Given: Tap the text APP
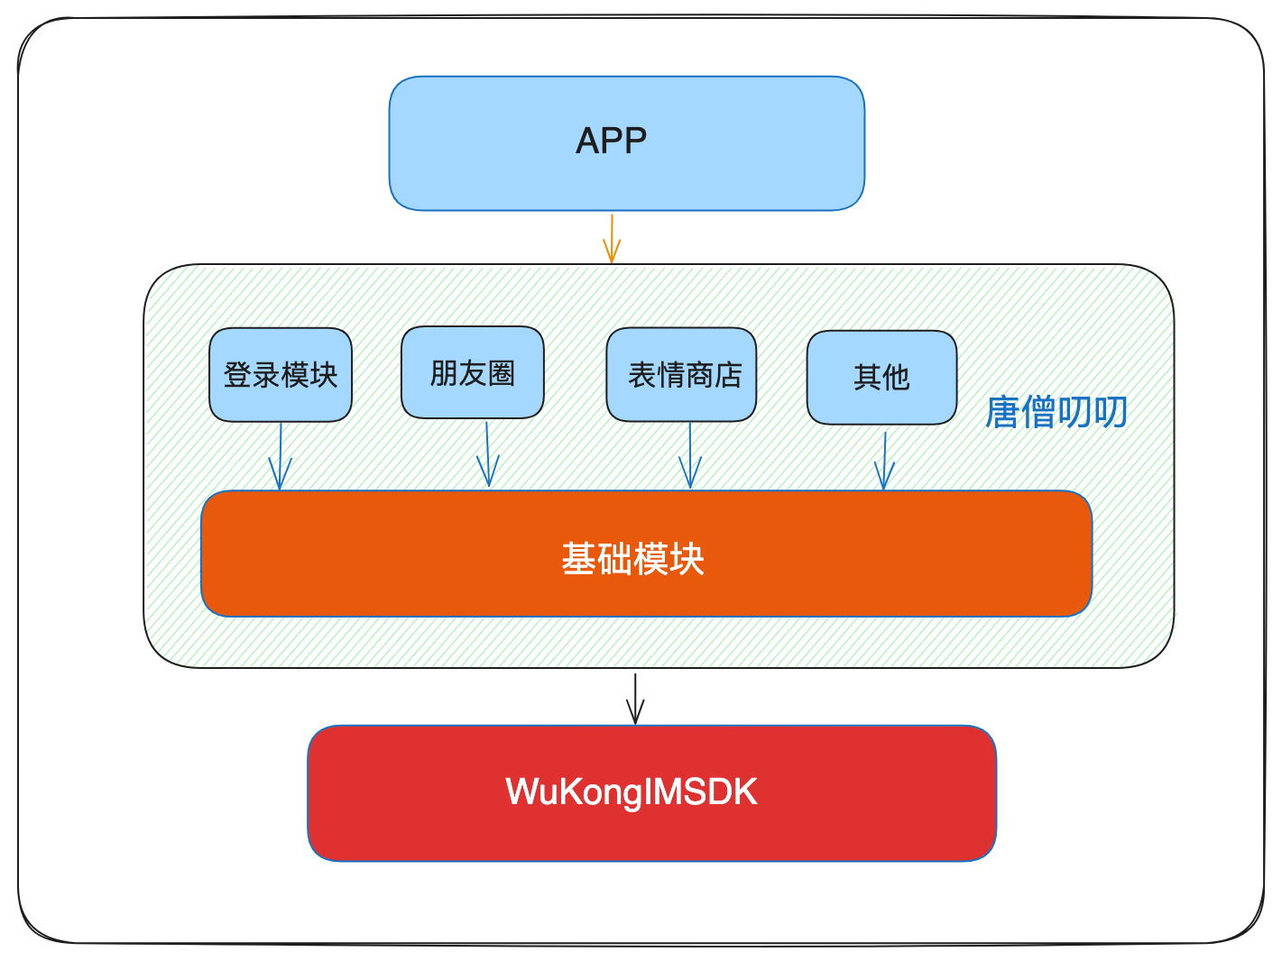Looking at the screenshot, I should pos(611,141).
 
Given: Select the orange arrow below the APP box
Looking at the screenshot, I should pos(612,239).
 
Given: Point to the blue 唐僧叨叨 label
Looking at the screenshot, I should pos(1056,412).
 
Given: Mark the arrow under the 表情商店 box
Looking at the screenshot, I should pos(690,457).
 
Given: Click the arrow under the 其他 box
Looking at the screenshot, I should pos(884,462).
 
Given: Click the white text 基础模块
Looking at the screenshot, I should pos(632,559).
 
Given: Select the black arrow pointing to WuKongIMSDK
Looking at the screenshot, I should pos(636,699).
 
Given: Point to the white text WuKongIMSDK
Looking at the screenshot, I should pos(632,792).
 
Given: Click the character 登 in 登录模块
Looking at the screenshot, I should pos(237,375).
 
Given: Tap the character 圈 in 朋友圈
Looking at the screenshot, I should pos(501,372).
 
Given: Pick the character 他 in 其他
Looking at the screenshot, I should pos(896,377).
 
